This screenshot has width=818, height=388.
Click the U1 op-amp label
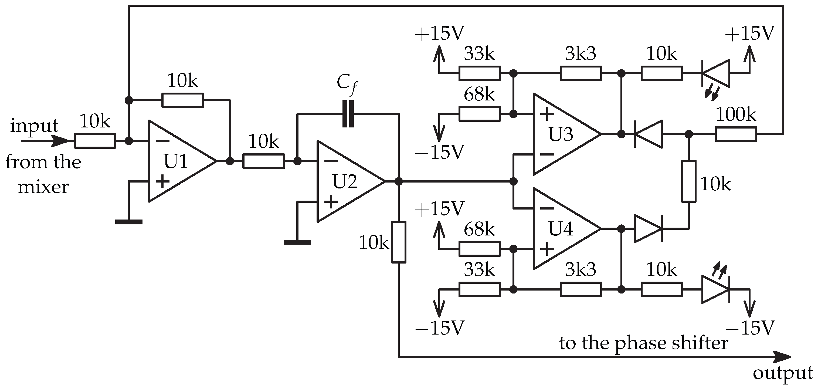coord(176,161)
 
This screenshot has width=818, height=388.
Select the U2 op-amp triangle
coord(346,181)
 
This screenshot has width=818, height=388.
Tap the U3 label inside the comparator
coord(561,134)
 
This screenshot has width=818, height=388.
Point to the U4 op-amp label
coord(561,228)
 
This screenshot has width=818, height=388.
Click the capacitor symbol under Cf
coord(348,114)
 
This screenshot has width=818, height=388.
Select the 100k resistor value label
coord(736,115)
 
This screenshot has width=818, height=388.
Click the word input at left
coord(34,126)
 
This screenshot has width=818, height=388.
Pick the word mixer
coord(43,187)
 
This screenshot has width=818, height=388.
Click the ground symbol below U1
coord(129,221)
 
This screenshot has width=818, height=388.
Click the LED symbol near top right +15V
coord(716,73)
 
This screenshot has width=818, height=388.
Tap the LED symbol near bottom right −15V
coord(716,289)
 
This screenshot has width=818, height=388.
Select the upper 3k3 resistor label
coord(581,54)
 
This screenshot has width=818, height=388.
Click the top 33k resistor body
coord(480,73)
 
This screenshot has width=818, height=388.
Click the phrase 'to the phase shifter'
coord(643,343)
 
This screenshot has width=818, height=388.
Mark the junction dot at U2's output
coord(399,181)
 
